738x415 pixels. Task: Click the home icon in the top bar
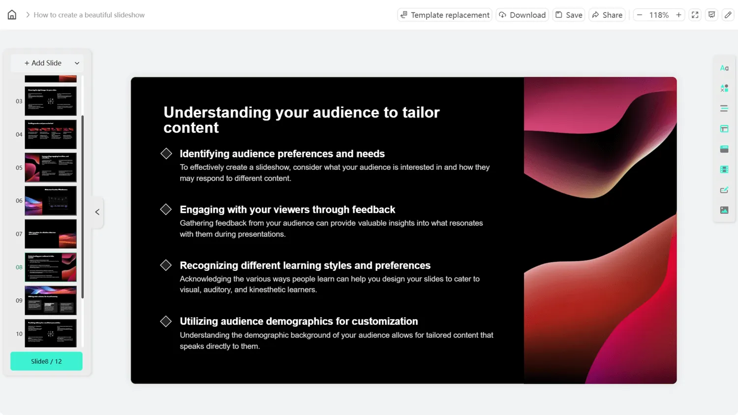tap(12, 15)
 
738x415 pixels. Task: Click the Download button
tap(522, 15)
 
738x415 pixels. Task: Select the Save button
tap(569, 15)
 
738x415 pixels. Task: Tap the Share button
tap(607, 15)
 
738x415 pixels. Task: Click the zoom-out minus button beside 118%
tap(640, 15)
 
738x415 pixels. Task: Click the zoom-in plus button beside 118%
tap(678, 15)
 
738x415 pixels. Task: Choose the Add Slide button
tap(47, 63)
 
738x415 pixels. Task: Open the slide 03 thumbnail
tap(51, 101)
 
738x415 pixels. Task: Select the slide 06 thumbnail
tap(51, 200)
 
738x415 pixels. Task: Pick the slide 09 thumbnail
tap(51, 300)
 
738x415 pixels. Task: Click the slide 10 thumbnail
tap(51, 333)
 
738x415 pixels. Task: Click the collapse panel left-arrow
tap(97, 212)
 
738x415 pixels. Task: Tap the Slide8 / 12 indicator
tap(46, 361)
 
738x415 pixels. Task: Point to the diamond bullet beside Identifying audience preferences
tap(166, 154)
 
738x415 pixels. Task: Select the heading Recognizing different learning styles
tap(305, 265)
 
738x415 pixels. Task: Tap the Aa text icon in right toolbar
tap(724, 68)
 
